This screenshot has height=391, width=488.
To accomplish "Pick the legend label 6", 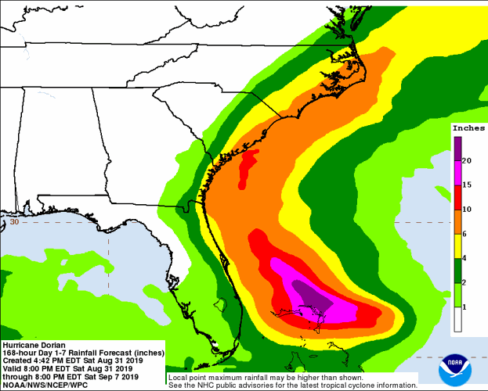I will (468, 234).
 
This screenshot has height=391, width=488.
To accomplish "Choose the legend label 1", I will (468, 307).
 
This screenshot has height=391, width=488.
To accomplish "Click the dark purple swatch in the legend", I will (457, 148).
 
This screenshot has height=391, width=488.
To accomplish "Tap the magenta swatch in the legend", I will (457, 173).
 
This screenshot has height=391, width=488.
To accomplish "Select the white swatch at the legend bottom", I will (457, 319).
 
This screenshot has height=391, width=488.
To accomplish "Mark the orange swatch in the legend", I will (457, 222).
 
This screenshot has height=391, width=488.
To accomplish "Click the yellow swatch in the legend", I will (457, 246).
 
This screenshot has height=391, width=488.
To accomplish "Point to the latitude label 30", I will (13, 222).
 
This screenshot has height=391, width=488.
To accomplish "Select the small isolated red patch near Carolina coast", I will (248, 166).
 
